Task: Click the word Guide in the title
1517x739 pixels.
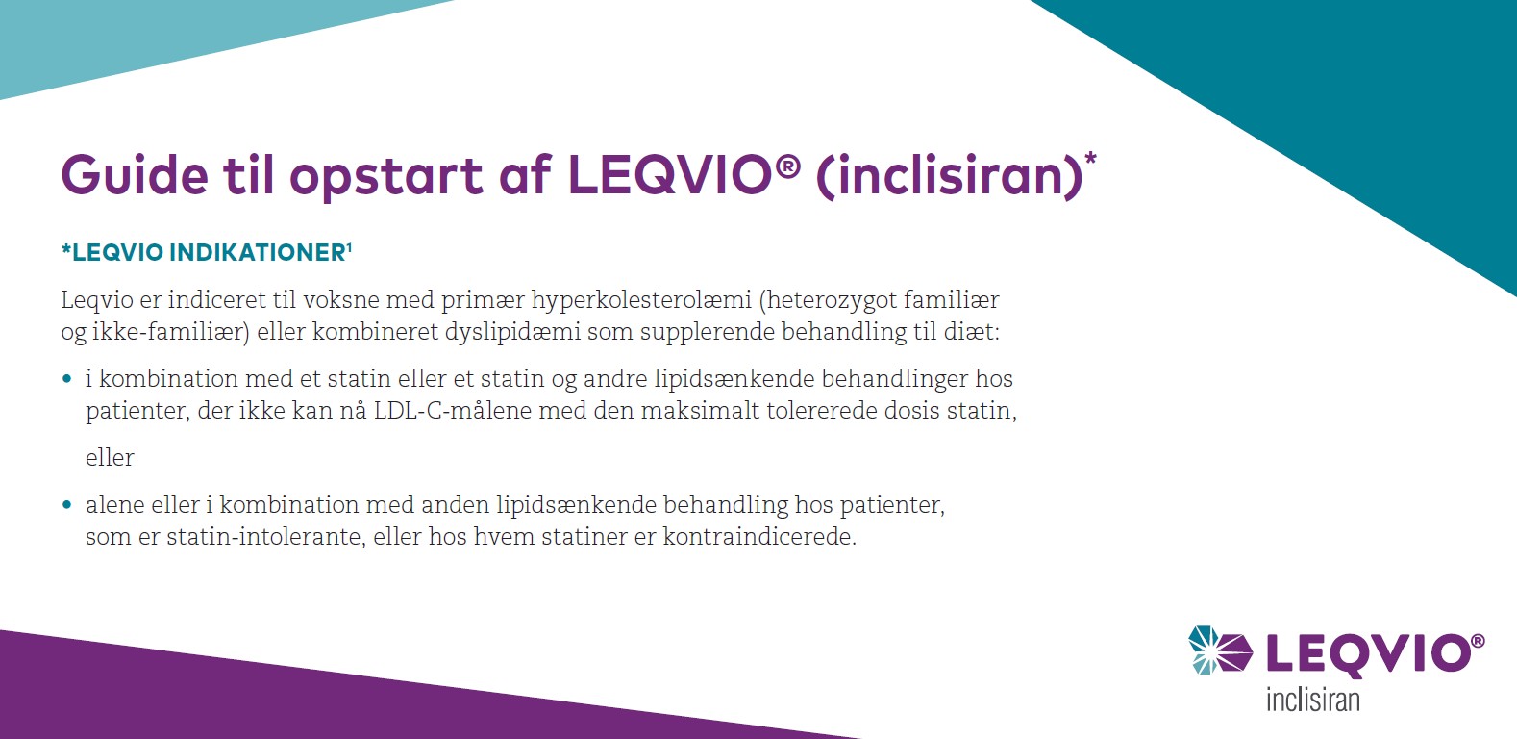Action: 135,175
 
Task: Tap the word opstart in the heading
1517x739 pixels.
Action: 385,177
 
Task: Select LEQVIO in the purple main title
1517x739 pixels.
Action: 670,175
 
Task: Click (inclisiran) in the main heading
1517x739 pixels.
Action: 949,177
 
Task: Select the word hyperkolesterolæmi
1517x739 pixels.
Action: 641,300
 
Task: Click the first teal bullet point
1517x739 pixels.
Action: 67,379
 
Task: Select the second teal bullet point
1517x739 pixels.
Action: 67,505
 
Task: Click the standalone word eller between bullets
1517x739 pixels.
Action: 110,458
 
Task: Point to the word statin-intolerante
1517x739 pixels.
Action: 266,537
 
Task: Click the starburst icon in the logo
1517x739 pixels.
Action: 1219,650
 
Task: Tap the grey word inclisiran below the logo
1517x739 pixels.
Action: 1312,699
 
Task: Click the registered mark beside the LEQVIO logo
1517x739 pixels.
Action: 1477,641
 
